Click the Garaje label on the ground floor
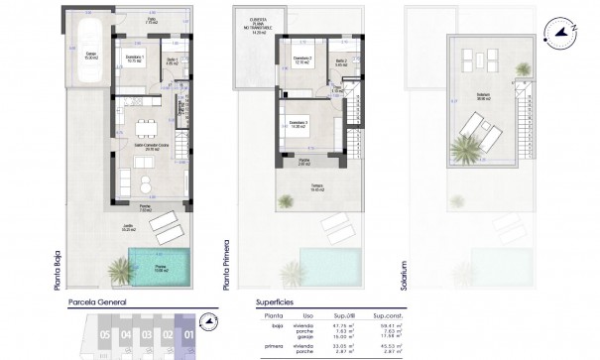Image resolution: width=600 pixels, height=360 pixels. click(x=90, y=57)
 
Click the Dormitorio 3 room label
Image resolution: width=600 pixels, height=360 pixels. click(x=299, y=123)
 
